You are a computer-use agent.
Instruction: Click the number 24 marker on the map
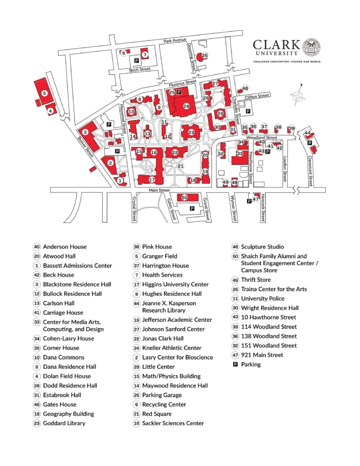click(186, 106)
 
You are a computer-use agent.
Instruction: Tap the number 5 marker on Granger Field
click(45, 93)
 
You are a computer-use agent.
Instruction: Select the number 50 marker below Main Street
click(185, 198)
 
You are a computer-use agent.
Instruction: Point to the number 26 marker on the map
click(205, 56)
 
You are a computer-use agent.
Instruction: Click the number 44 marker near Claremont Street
click(307, 134)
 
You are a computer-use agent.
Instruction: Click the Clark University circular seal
click(311, 48)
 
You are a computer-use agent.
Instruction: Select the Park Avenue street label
click(175, 41)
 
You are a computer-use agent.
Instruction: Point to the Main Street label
click(159, 190)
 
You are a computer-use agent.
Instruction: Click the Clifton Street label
click(257, 96)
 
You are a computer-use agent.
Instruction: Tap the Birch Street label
click(140, 70)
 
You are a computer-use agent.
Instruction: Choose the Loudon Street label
click(285, 168)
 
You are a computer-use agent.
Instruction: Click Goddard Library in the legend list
click(64, 423)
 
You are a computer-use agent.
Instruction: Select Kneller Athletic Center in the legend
click(172, 348)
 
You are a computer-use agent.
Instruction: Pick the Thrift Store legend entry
click(256, 280)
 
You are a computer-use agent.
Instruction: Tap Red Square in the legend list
click(157, 414)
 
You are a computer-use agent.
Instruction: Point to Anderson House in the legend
click(65, 247)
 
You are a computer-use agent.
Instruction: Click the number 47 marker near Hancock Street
click(255, 199)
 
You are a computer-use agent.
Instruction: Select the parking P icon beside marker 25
click(180, 92)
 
